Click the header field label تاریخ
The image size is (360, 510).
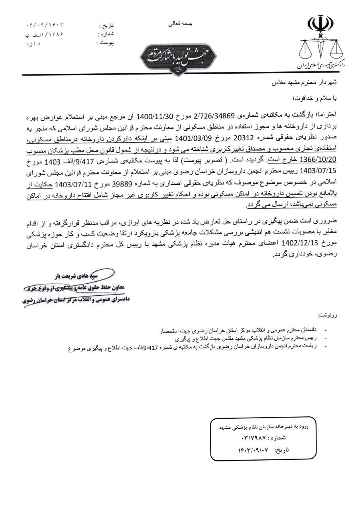[x=106, y=26]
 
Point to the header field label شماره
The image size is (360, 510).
[x=106, y=35]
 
